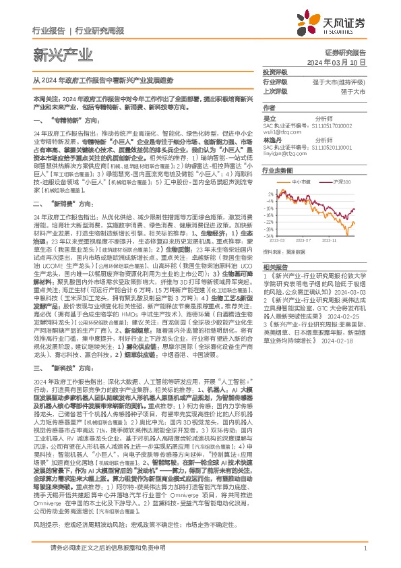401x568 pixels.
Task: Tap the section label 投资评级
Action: (276, 72)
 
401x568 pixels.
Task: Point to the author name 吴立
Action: (270, 118)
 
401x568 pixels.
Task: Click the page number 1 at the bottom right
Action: (365, 548)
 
